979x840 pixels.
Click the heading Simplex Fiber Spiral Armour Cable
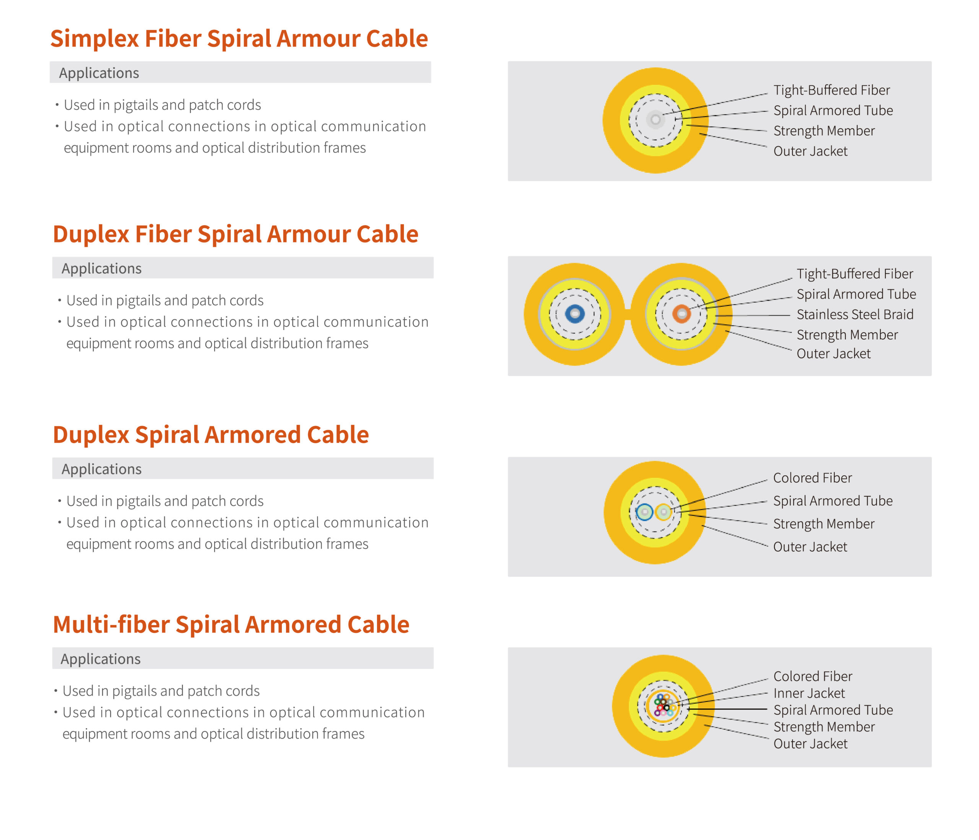coord(239,39)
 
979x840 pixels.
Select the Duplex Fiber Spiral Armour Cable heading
coord(235,234)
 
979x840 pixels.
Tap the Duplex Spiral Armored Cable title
coord(211,435)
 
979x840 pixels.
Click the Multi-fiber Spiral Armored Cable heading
coord(231,625)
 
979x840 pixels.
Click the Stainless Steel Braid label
coord(855,315)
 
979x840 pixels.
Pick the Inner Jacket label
coord(809,693)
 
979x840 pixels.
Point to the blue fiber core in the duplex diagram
coord(574,314)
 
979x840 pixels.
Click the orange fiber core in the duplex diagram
coord(681,314)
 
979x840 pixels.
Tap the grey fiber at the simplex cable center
coord(655,120)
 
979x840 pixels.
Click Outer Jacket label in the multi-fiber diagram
coord(810,744)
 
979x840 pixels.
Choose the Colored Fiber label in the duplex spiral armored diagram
coord(812,478)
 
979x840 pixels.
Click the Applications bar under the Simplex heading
coord(240,73)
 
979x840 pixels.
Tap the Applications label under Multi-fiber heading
coord(101,659)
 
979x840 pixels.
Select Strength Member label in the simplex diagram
coord(824,131)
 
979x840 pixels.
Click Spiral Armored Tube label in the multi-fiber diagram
coord(833,710)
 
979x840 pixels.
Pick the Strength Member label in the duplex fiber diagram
coord(847,335)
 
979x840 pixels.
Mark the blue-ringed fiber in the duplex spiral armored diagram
coord(644,512)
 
